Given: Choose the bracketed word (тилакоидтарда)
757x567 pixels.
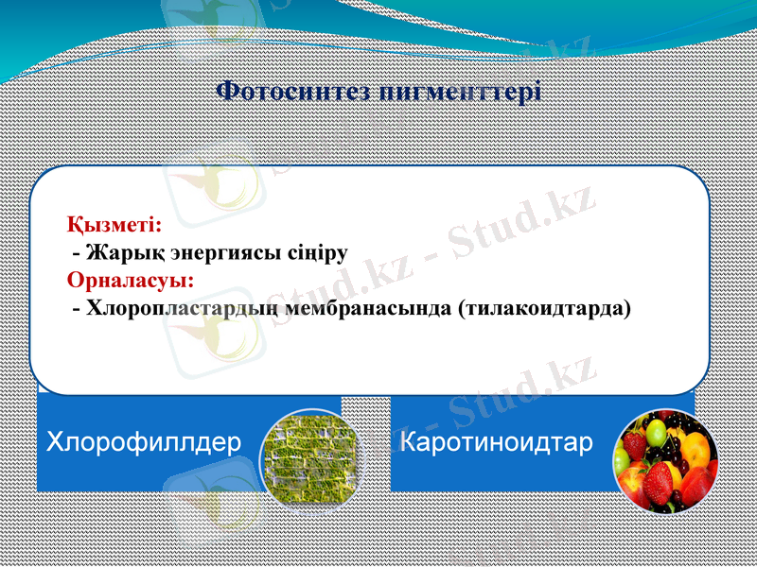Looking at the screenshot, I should [544, 308].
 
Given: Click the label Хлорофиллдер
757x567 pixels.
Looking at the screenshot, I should [143, 441].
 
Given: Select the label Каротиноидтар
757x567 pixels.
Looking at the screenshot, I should [497, 441].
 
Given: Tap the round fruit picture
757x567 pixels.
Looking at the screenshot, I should [664, 460].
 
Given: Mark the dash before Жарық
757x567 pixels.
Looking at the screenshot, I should [76, 253].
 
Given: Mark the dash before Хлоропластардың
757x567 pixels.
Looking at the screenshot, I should [76, 309].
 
